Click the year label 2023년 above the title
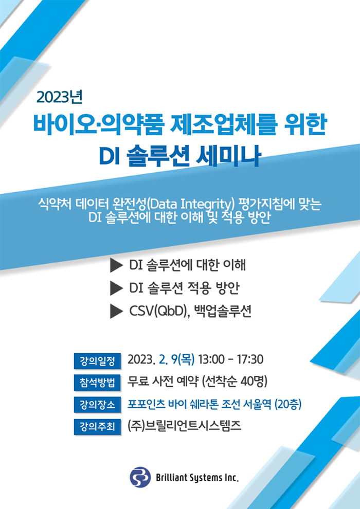(60, 97)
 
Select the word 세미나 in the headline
(228, 157)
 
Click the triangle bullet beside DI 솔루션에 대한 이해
(116, 265)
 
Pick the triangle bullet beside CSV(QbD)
(116, 312)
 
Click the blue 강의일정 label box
(97, 361)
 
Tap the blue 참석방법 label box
(97, 383)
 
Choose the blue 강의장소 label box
(97, 405)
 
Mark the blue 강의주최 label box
(97, 426)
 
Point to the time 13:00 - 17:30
(231, 360)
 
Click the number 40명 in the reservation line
(251, 381)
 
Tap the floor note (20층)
(288, 404)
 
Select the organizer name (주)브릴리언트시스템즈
(185, 426)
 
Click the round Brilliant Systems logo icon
(140, 477)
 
